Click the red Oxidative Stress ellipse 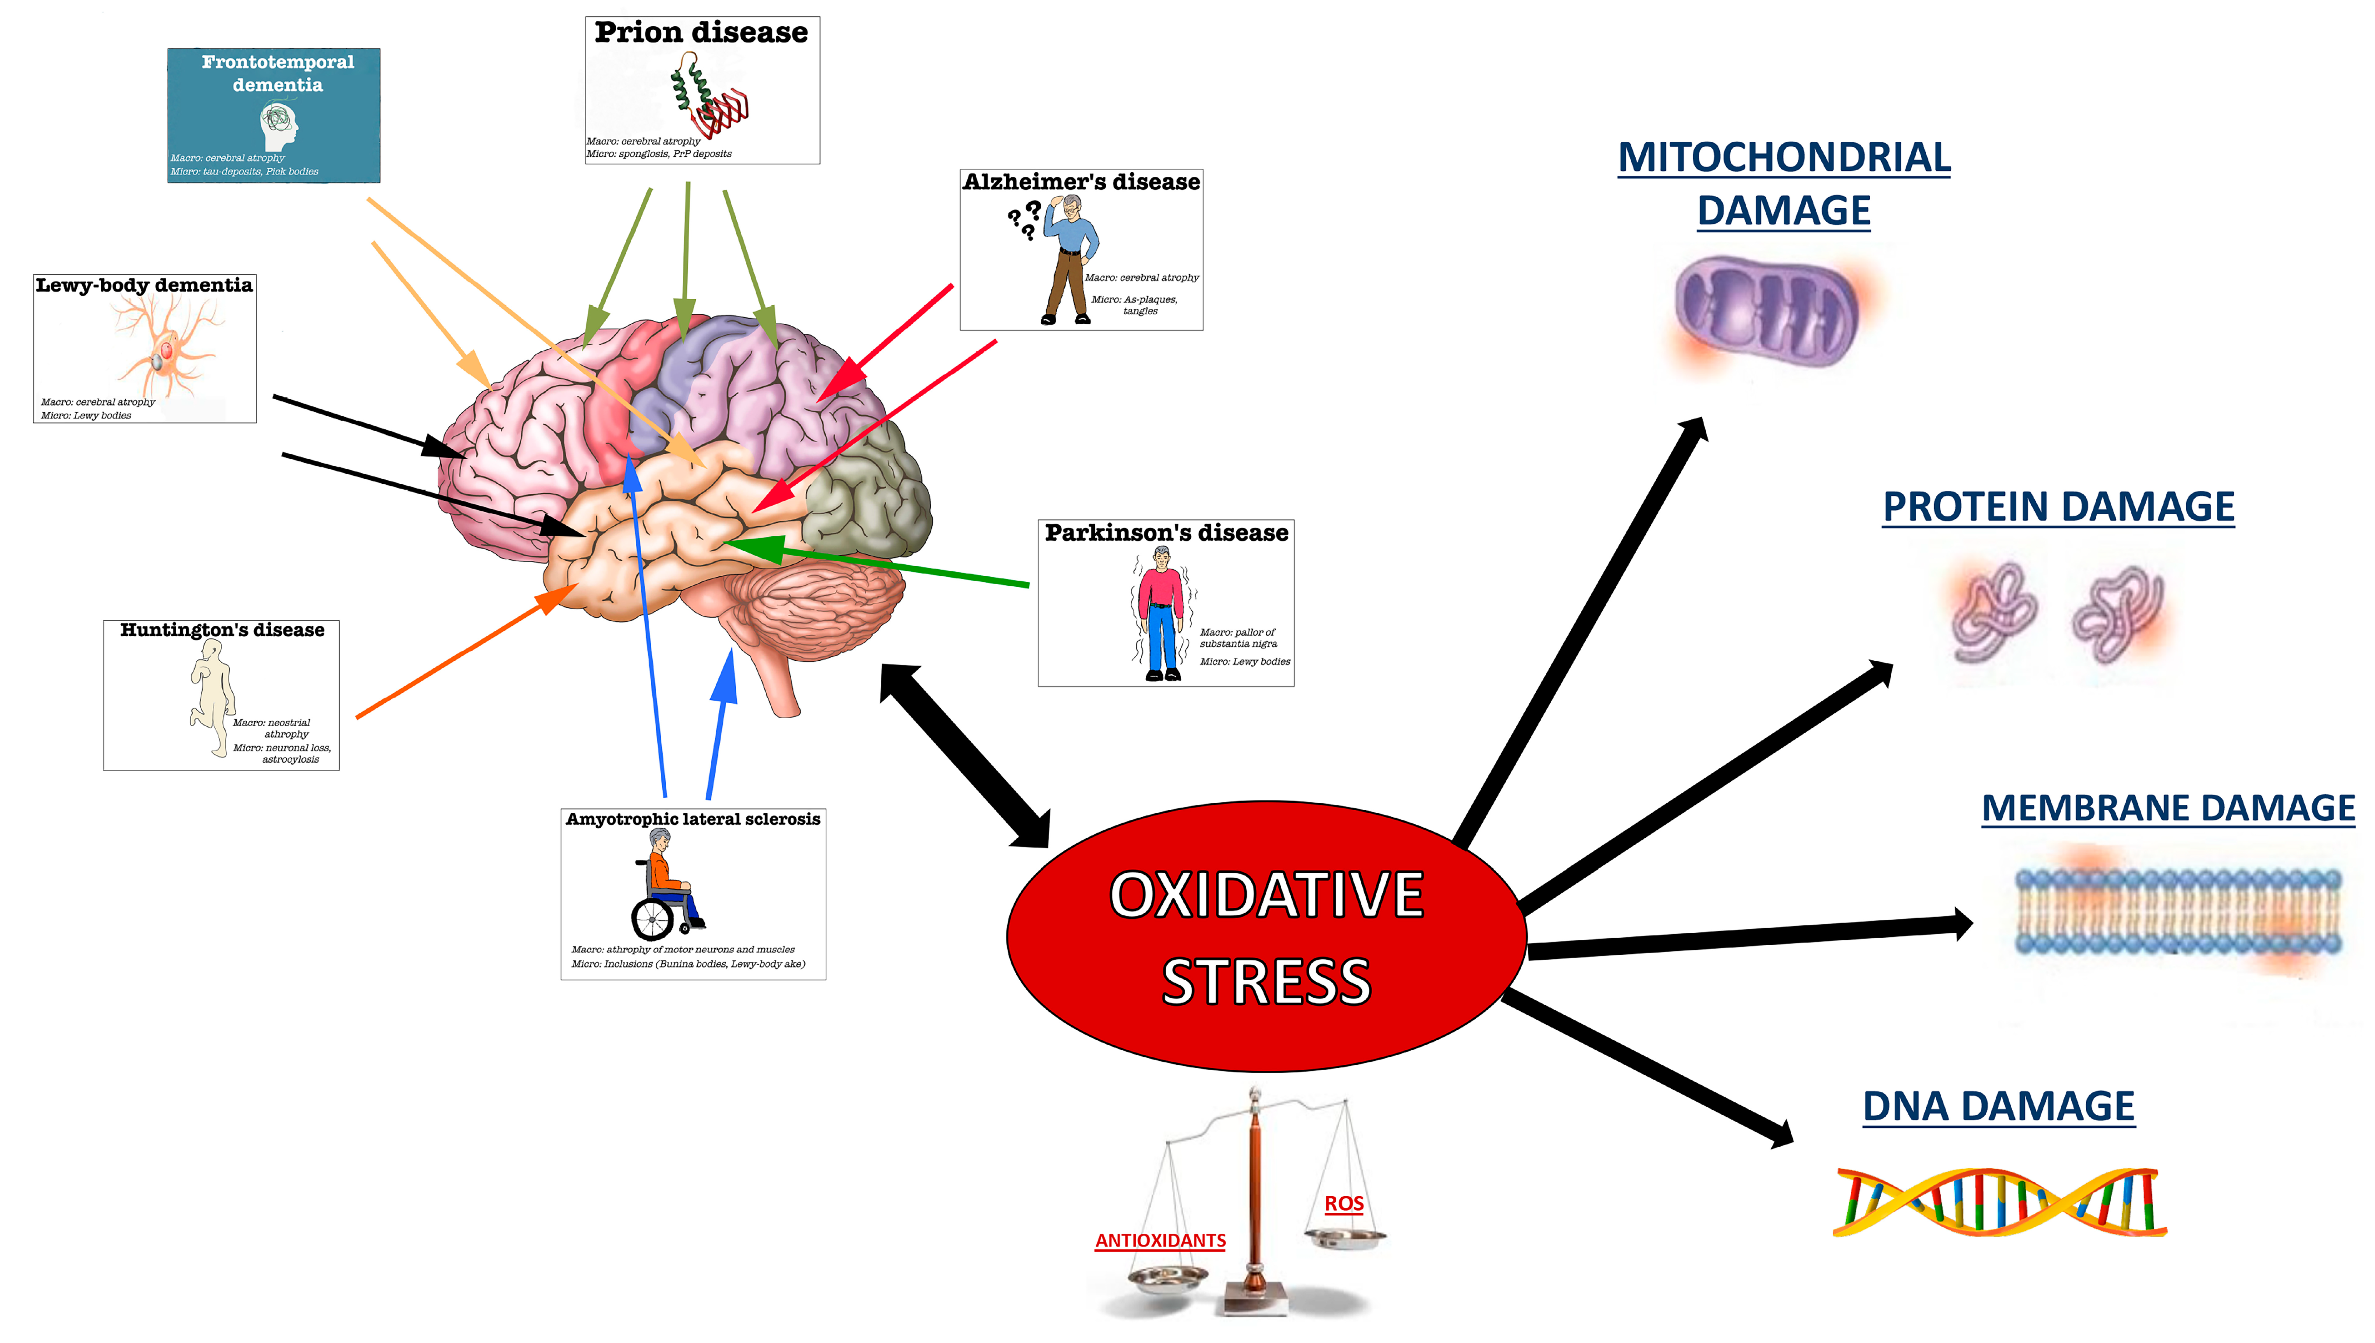[1265, 936]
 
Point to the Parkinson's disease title [1166, 533]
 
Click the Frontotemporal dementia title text [277, 73]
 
